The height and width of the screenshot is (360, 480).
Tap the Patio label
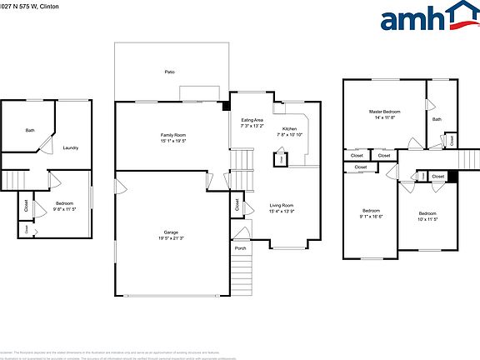click(170, 73)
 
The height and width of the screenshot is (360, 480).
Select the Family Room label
click(173, 135)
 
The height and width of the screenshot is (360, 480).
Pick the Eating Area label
click(252, 121)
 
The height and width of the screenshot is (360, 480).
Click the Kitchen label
click(290, 128)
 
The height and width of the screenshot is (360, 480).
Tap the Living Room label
click(281, 205)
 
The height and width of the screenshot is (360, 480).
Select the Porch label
click(240, 247)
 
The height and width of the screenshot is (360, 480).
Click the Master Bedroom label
click(384, 112)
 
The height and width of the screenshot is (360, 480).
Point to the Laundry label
click(70, 148)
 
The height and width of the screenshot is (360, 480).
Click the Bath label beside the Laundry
click(30, 130)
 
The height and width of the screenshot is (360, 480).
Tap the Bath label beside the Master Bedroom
click(437, 119)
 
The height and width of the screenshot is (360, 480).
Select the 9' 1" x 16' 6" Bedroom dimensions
click(372, 217)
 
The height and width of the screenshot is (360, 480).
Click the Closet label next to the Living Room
click(237, 203)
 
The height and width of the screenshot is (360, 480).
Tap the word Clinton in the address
click(52, 5)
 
